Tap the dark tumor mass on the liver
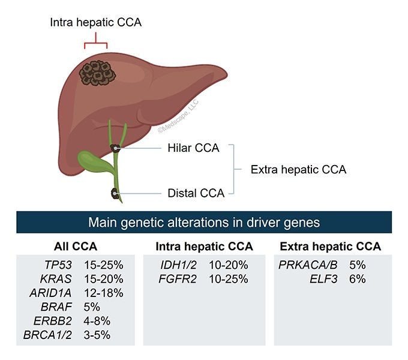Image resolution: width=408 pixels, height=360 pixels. coord(98,73)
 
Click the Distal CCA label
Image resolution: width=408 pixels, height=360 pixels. coord(196,193)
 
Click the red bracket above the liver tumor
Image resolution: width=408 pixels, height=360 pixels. coord(96,43)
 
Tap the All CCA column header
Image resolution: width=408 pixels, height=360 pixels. coord(76,247)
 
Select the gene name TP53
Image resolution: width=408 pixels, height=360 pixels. coord(59,264)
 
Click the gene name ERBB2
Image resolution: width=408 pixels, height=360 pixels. coord(55,320)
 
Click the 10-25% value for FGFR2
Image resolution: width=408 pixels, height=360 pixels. coord(229,279)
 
